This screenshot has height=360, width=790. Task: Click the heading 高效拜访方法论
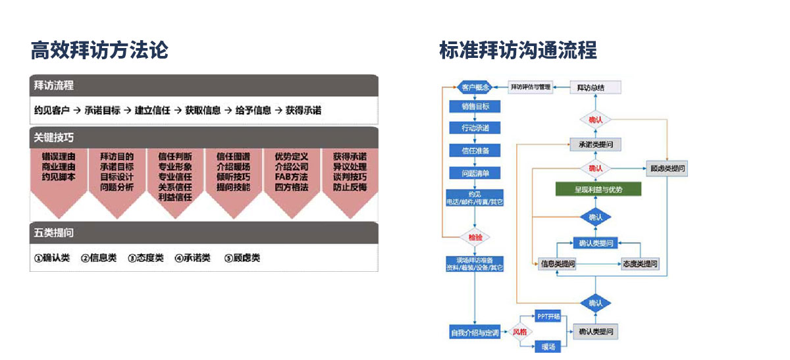pyautogui.click(x=99, y=50)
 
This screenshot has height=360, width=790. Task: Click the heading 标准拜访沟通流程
pyautogui.click(x=518, y=50)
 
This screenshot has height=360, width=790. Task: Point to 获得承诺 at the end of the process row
pyautogui.click(x=303, y=111)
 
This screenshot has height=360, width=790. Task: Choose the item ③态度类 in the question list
pyautogui.click(x=145, y=258)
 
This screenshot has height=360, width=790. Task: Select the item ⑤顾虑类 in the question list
pyautogui.click(x=242, y=258)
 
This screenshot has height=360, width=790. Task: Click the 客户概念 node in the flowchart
pyautogui.click(x=475, y=87)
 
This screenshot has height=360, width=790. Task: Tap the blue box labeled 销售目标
pyautogui.click(x=475, y=107)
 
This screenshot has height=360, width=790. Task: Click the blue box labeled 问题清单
pyautogui.click(x=475, y=173)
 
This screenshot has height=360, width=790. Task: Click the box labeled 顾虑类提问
pyautogui.click(x=667, y=168)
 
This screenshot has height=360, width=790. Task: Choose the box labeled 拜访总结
pyautogui.click(x=595, y=87)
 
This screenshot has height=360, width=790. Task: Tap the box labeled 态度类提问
pyautogui.click(x=640, y=264)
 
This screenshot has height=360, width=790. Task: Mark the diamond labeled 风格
pyautogui.click(x=520, y=332)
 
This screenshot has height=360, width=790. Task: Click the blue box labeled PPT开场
pyautogui.click(x=548, y=317)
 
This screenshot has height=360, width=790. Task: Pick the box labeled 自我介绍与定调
pyautogui.click(x=475, y=332)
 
